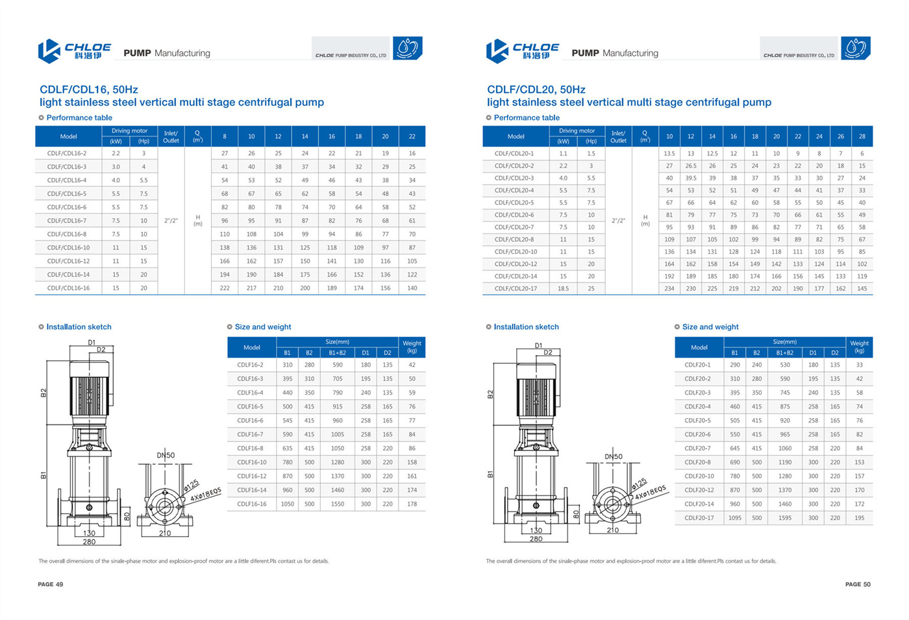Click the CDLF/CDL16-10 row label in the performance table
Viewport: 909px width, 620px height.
68,247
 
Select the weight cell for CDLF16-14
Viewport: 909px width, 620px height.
412,490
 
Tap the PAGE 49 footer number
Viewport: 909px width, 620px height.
51,584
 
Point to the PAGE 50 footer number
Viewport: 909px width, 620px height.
858,584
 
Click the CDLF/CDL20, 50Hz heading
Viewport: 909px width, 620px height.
536,90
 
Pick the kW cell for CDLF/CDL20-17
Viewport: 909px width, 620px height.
563,288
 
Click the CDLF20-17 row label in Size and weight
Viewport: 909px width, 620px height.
699,518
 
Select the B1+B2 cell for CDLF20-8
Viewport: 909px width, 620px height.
785,462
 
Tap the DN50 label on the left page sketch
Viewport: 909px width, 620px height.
166,455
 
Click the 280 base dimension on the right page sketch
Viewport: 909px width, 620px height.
536,539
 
